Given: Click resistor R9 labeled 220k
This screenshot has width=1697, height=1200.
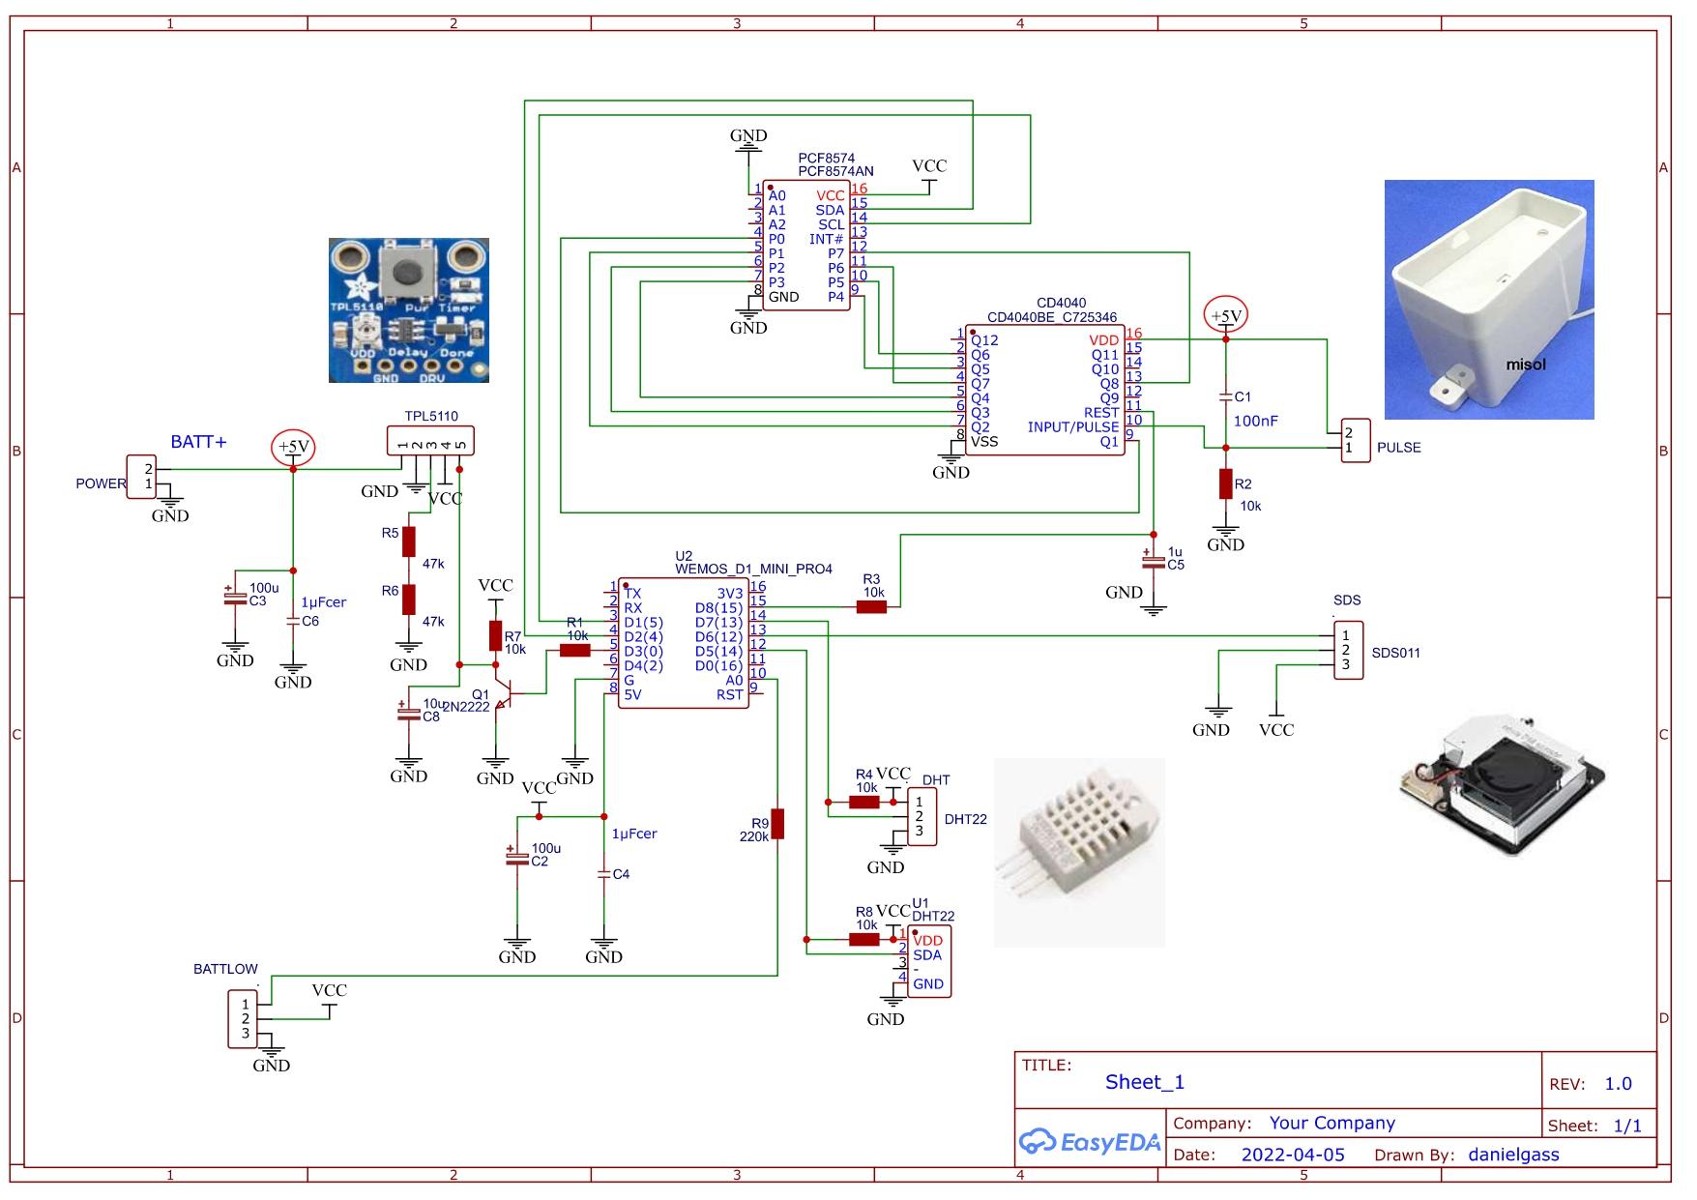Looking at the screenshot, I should click(x=776, y=823).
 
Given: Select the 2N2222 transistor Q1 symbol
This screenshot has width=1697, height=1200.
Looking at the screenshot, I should click(x=501, y=695).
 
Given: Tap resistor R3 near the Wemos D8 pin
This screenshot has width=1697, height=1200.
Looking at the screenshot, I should click(x=871, y=607).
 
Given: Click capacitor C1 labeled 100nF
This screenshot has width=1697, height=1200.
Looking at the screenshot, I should click(x=1225, y=396).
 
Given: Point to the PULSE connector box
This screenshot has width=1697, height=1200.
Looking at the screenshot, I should click(x=1355, y=441).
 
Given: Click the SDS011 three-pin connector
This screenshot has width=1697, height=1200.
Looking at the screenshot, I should click(x=1348, y=650).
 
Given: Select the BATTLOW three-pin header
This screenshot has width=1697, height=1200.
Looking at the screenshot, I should click(x=243, y=1018).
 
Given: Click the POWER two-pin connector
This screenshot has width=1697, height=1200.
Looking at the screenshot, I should click(x=141, y=476).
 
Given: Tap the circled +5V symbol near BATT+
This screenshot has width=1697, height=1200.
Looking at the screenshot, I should click(x=293, y=447).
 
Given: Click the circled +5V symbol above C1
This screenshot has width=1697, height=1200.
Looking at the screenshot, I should click(x=1225, y=316).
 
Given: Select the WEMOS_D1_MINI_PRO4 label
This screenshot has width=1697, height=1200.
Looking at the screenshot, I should click(x=753, y=569).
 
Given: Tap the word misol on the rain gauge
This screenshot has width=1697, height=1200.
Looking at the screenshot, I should click(x=1525, y=365).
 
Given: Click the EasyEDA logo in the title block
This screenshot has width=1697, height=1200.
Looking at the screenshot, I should click(x=1089, y=1142).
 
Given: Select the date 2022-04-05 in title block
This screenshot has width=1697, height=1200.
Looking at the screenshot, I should click(x=1292, y=1155).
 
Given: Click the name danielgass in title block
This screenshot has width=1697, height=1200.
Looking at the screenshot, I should click(x=1512, y=1155).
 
